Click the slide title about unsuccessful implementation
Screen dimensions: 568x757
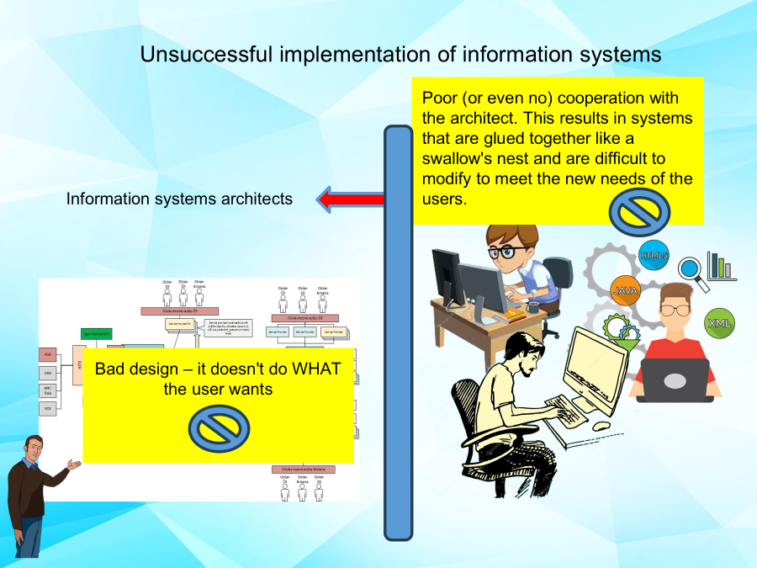coord(400,55)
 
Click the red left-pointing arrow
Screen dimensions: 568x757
coord(352,199)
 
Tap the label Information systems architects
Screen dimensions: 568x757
coord(179,199)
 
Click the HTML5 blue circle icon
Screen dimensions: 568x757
coord(654,255)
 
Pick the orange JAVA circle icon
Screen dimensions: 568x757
coord(626,290)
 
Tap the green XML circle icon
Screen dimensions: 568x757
coord(719,322)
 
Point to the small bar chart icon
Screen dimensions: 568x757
coord(721,266)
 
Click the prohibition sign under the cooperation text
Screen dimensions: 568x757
coord(639,212)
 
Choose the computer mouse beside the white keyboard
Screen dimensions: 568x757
coord(601,427)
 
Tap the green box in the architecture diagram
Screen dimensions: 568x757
coord(97,334)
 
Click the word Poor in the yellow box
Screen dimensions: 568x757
coord(439,98)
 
